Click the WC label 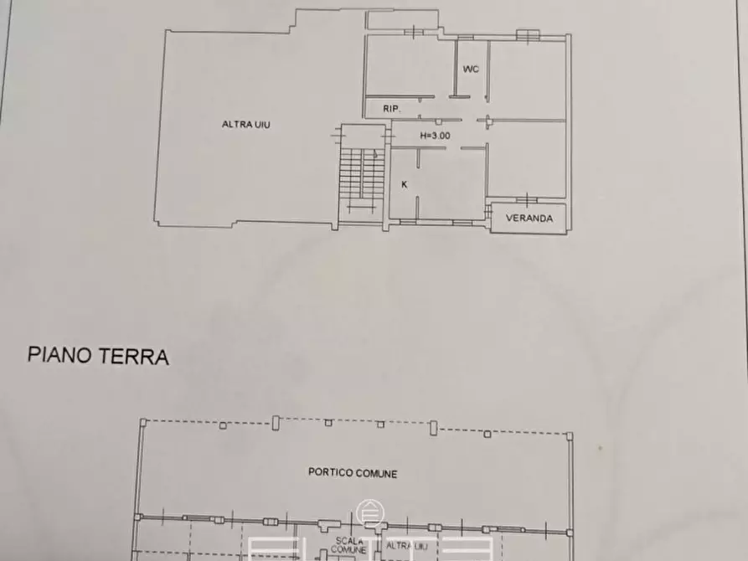(471, 69)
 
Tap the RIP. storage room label (391, 109)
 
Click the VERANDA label (529, 219)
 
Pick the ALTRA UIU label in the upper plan (245, 125)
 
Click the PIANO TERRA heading (99, 357)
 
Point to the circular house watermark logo (368, 512)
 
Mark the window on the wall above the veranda (526, 200)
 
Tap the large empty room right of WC (528, 78)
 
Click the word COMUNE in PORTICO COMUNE (374, 474)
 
